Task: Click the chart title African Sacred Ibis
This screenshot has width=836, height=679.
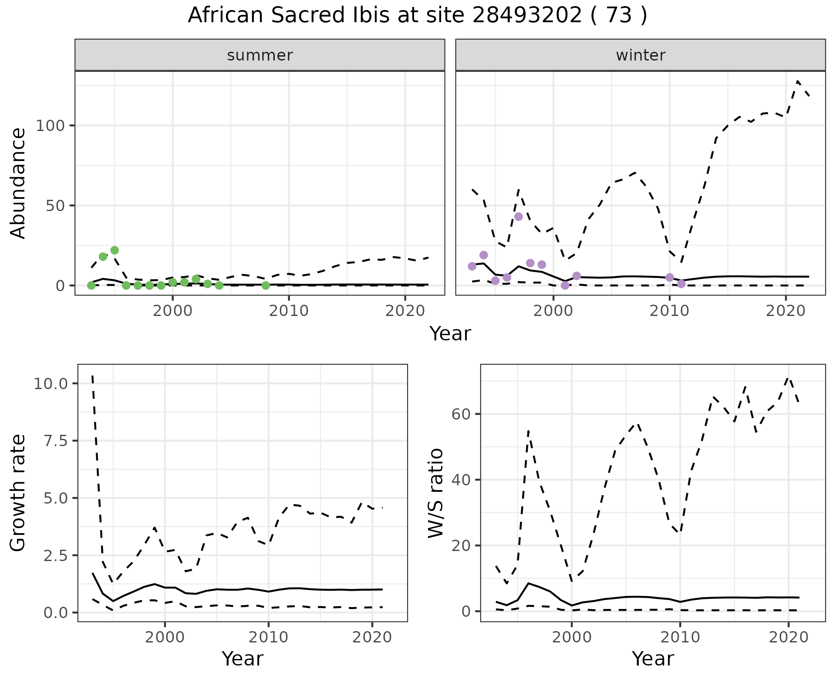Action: click(x=417, y=16)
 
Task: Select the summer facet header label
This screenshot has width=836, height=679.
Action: click(x=260, y=55)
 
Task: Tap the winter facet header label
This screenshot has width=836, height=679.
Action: click(x=640, y=55)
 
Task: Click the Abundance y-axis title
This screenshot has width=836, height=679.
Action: click(x=18, y=183)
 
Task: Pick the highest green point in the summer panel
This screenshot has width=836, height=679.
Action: click(x=115, y=250)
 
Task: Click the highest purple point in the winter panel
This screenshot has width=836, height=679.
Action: click(x=518, y=217)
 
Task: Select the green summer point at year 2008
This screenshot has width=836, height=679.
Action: click(x=266, y=286)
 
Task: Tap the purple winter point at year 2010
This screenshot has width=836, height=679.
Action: click(x=670, y=278)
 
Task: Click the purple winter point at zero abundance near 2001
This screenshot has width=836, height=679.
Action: click(x=565, y=286)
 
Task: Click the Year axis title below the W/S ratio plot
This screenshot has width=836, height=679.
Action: click(x=652, y=659)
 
